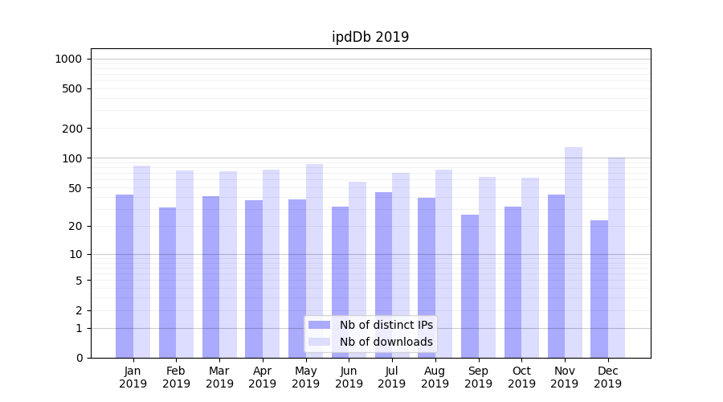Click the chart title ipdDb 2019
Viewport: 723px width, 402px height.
(x=370, y=37)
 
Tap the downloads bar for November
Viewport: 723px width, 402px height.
(x=574, y=252)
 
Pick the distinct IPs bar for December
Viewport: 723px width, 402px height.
(x=599, y=289)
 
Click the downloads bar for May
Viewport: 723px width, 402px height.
(x=314, y=260)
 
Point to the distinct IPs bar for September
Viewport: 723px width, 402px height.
(x=470, y=286)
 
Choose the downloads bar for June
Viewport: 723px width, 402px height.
(x=357, y=269)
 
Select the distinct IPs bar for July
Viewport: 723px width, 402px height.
(x=383, y=275)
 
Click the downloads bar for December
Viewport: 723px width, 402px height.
(x=617, y=257)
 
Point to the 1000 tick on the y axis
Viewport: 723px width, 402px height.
(x=68, y=59)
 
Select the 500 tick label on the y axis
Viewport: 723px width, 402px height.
(x=72, y=88)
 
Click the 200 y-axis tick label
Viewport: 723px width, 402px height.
(x=72, y=129)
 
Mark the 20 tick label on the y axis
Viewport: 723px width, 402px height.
(x=76, y=226)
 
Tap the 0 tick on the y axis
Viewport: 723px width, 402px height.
(x=79, y=358)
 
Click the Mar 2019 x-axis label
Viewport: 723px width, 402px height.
(x=219, y=377)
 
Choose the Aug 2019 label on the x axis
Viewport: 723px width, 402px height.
(x=435, y=377)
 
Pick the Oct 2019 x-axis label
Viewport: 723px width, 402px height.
(x=521, y=377)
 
